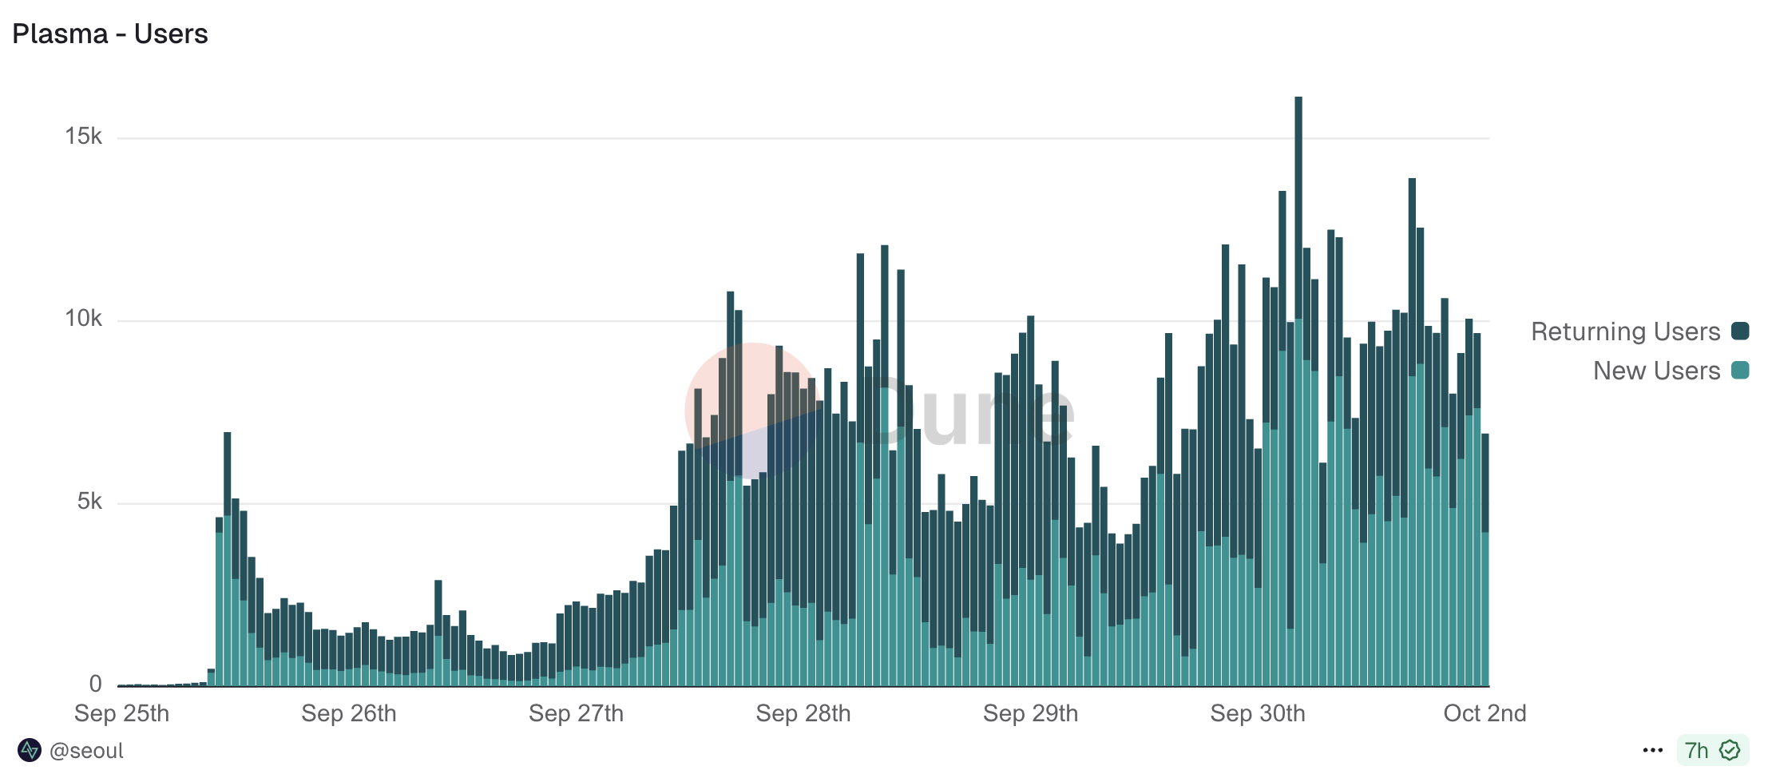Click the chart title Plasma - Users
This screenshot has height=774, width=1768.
(x=110, y=34)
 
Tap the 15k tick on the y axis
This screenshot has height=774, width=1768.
(x=84, y=137)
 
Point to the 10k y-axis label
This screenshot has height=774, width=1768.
(x=84, y=319)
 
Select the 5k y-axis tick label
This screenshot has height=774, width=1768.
(x=89, y=502)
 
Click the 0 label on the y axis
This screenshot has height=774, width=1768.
(x=96, y=684)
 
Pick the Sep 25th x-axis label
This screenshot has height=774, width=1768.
(x=121, y=713)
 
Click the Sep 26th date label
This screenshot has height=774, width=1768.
(x=349, y=713)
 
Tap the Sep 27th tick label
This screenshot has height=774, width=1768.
(x=576, y=713)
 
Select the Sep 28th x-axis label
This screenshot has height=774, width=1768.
(x=803, y=713)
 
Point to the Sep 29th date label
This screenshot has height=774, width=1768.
(x=1030, y=713)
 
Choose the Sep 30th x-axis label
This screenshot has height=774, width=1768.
(x=1258, y=713)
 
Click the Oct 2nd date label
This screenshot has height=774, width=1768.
(x=1485, y=713)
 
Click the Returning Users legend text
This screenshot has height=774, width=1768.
(x=1625, y=331)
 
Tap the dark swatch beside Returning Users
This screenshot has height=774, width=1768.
(x=1740, y=331)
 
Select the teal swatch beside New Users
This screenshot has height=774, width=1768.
(x=1740, y=371)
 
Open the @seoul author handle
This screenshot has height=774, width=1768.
(x=86, y=751)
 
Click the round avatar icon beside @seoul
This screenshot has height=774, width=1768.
(x=30, y=751)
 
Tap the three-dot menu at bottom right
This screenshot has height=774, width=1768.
(x=1653, y=751)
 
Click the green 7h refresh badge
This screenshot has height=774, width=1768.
(x=1712, y=751)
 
